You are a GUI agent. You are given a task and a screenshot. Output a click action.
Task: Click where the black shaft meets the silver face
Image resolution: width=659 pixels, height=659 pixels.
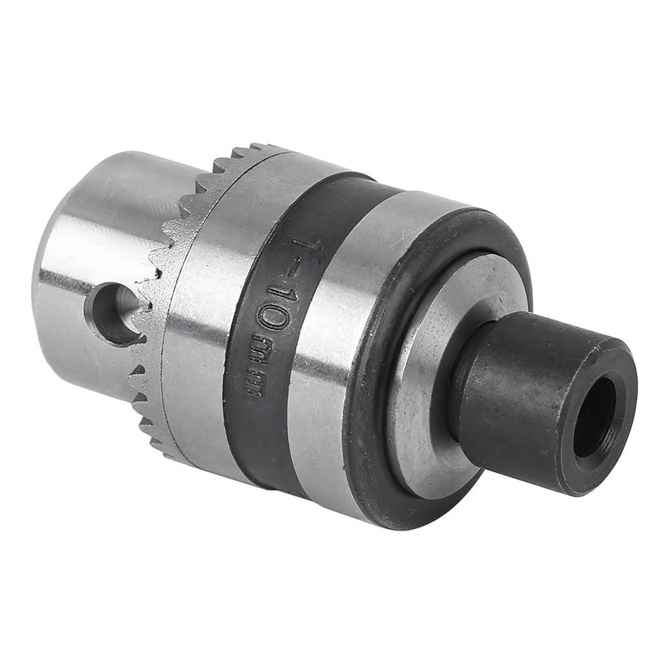[x=458, y=412]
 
